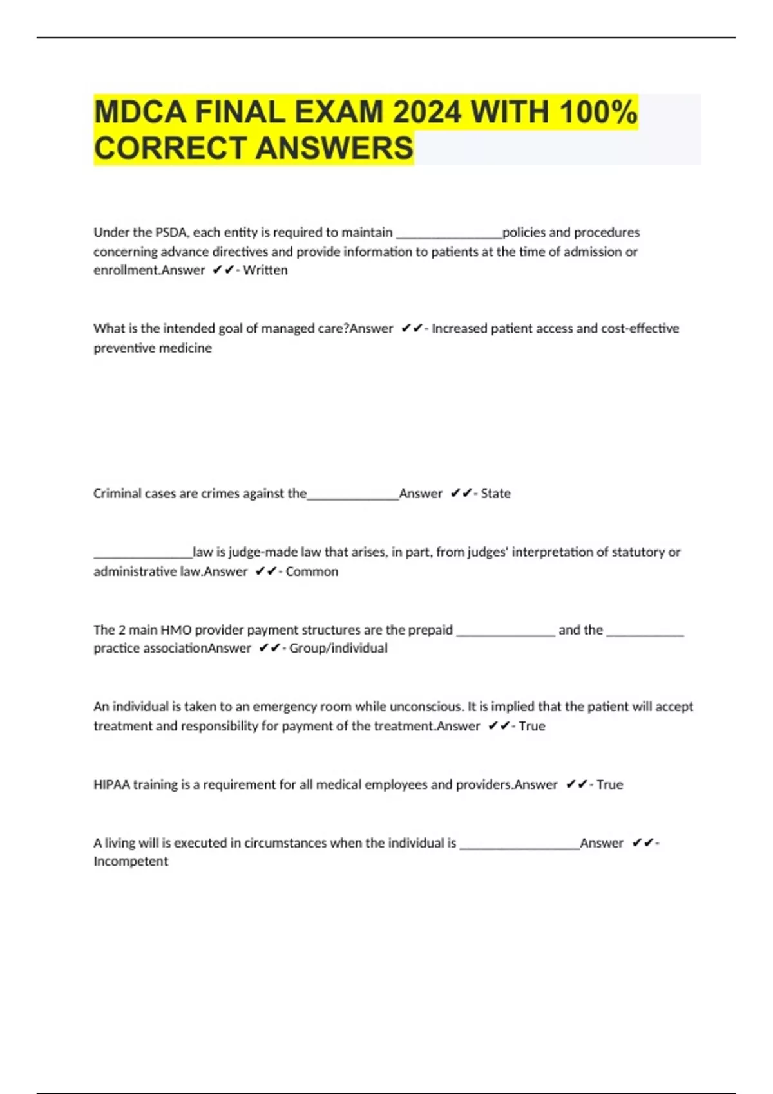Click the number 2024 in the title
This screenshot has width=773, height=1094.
[426, 112]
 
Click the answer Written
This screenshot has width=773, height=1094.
[265, 270]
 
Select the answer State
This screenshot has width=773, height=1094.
[495, 494]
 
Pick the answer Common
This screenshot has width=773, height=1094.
[312, 571]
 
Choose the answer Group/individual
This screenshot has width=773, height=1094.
[338, 648]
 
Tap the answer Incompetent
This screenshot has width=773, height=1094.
[131, 861]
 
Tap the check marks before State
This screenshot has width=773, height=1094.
[461, 494]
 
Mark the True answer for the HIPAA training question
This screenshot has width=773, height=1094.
[609, 784]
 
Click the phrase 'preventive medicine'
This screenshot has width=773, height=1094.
[153, 348]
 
